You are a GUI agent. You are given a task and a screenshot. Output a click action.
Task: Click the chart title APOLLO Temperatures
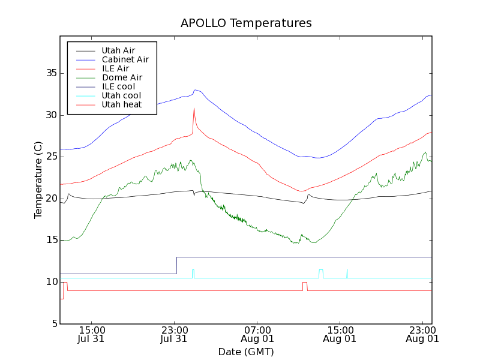click(246, 23)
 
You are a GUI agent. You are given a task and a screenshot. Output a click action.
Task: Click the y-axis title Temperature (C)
click(38, 179)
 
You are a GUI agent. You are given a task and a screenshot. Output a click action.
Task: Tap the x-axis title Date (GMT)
click(246, 351)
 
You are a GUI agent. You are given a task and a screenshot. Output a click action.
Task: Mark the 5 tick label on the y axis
click(53, 324)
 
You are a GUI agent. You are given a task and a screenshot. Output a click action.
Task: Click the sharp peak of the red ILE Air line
click(194, 109)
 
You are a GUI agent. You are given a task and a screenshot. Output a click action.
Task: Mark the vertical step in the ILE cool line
click(176, 265)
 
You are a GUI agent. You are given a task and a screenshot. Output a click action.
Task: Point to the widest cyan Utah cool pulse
click(321, 273)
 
